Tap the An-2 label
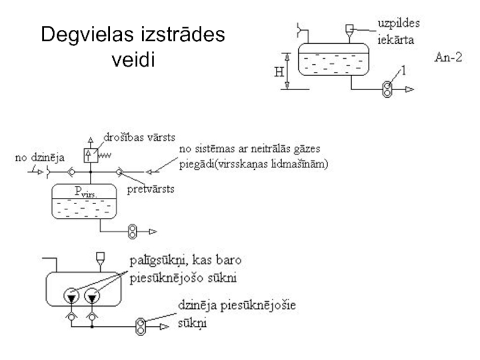(x=447, y=59)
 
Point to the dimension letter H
(x=279, y=72)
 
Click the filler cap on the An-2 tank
(x=350, y=28)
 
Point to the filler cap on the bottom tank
(x=98, y=258)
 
